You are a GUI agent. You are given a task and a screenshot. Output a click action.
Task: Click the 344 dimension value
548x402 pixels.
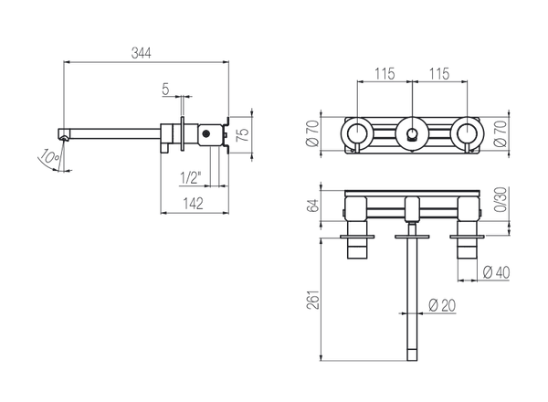tap(141, 53)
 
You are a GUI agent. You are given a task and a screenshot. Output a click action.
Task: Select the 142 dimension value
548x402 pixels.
tap(194, 204)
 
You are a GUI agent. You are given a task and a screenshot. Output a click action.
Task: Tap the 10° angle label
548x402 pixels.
tap(49, 156)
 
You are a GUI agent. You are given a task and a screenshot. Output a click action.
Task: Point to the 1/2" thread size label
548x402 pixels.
tap(191, 178)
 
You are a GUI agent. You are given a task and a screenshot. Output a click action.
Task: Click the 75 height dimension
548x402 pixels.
tap(243, 132)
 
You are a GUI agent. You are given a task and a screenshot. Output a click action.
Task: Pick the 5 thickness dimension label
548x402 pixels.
tap(165, 89)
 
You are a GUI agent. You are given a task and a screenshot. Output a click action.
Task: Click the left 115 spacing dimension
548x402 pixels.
tap(385, 74)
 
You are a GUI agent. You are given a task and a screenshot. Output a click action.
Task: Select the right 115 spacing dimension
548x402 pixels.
tap(439, 74)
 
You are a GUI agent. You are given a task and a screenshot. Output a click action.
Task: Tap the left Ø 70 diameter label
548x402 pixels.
tap(313, 132)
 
